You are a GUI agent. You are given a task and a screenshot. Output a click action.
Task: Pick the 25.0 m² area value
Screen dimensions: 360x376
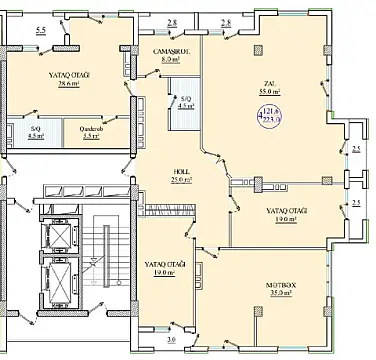pyautogui.click(x=180, y=181)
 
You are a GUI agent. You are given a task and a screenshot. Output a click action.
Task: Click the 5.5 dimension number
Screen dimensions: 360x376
pyautogui.click(x=40, y=32)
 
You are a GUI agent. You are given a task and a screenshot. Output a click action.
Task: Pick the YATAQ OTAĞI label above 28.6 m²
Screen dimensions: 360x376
pyautogui.click(x=69, y=74)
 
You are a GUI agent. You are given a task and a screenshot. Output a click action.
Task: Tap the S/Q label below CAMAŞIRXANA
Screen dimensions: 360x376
pyautogui.click(x=186, y=99)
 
